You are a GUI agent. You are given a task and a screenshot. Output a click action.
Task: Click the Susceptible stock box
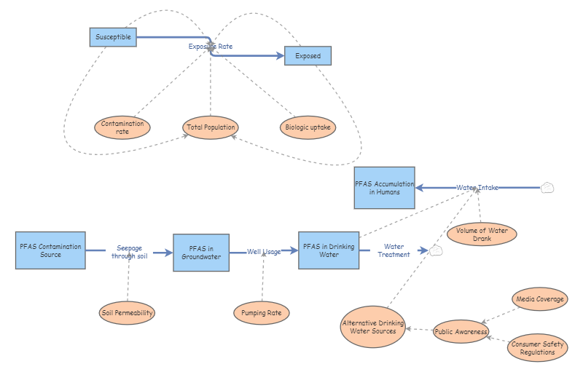coord(113,36)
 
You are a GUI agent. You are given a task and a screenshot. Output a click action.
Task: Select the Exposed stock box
coord(308,56)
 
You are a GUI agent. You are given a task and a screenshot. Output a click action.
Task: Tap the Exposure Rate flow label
coord(211,47)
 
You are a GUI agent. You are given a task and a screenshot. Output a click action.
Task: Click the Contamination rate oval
coord(122,127)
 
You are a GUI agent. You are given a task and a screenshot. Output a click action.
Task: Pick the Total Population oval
coord(211,127)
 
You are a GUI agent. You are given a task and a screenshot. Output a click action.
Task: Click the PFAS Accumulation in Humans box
coord(384,188)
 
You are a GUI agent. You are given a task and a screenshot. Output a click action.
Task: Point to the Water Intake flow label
coord(477,188)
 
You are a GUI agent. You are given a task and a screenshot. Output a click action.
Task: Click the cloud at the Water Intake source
coord(547,188)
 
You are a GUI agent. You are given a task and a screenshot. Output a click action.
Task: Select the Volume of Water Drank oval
coord(482,234)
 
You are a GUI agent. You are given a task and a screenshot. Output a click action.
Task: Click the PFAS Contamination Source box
coord(50,250)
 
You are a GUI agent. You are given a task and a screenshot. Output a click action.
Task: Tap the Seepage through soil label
coord(129,252)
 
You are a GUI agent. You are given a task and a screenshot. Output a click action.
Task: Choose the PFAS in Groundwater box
coord(201,253)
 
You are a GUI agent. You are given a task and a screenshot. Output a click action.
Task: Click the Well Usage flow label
coord(263,252)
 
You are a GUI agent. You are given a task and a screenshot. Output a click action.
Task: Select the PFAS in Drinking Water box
coord(329,250)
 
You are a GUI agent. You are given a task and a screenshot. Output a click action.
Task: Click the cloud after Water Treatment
coord(436,251)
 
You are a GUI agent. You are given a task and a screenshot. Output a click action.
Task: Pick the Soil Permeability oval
coord(128,313)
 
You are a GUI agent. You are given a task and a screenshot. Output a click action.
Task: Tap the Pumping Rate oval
coord(262,313)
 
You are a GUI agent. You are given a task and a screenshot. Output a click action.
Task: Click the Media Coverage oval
coord(540,298)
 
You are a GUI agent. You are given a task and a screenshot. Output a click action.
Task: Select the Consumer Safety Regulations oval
coord(537,348)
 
